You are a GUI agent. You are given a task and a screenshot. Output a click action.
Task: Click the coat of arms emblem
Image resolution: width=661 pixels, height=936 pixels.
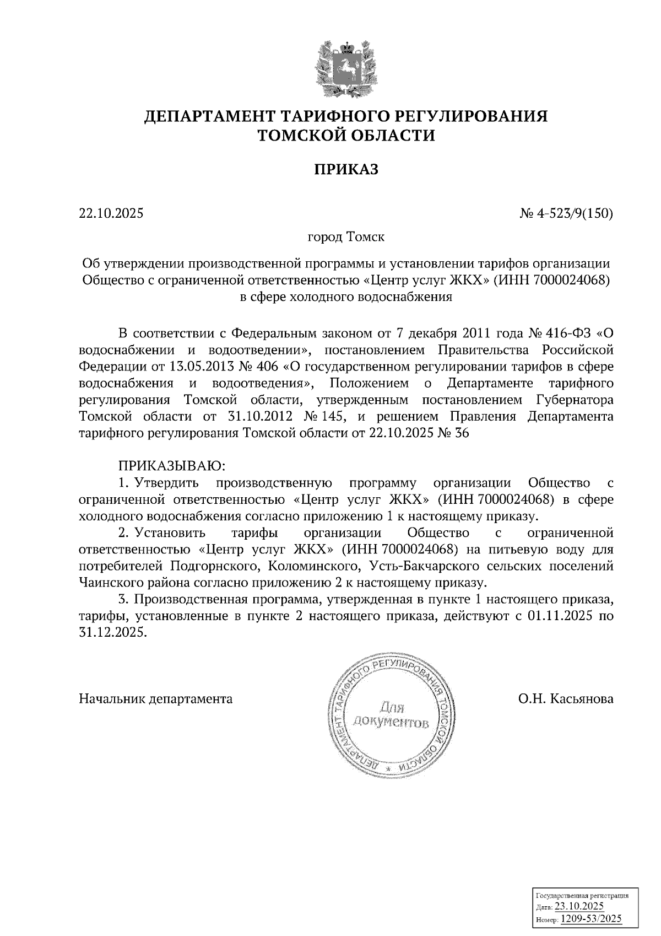(346, 69)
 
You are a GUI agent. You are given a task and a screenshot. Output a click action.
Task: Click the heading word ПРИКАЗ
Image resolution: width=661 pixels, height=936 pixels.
(346, 170)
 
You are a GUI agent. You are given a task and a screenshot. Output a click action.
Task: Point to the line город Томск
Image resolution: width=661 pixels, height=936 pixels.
(346, 237)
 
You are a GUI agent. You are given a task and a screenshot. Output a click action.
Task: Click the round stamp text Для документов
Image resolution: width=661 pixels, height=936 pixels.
(391, 714)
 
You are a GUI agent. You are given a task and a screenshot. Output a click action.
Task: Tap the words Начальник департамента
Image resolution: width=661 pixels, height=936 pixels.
(156, 699)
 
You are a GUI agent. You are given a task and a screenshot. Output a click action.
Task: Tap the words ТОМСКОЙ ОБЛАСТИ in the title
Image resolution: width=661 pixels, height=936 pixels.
(346, 135)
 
